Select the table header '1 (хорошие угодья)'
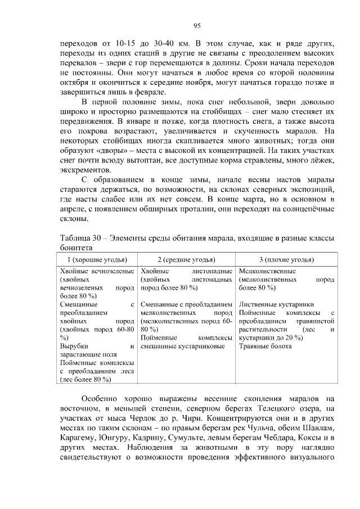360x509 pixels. pyautogui.click(x=97, y=259)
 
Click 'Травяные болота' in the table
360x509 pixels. pyautogui.click(x=265, y=346)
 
